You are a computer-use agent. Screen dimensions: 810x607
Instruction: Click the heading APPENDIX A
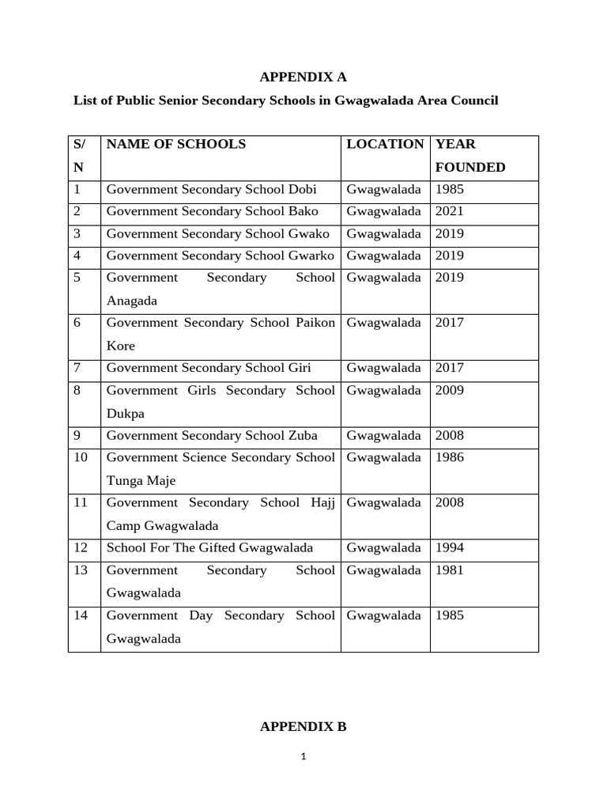(x=303, y=77)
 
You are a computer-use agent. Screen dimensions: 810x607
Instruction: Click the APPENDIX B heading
(x=303, y=727)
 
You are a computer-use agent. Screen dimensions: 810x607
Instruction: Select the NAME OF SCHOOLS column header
(x=176, y=144)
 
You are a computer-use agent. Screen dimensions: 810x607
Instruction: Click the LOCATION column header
(x=385, y=144)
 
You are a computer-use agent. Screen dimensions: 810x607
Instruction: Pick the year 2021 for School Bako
(x=449, y=211)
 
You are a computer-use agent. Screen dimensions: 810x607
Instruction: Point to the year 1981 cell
(x=449, y=570)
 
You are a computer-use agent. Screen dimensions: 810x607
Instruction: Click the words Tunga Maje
(x=141, y=481)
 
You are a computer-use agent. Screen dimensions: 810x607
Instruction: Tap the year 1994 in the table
(x=449, y=548)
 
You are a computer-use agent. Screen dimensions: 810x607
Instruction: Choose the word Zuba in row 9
(x=303, y=436)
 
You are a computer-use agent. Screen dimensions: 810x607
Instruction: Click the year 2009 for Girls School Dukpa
(x=449, y=391)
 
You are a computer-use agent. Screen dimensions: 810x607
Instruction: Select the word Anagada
(x=132, y=301)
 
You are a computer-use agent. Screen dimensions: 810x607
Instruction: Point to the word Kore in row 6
(x=120, y=346)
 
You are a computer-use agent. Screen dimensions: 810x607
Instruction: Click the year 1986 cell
(x=449, y=457)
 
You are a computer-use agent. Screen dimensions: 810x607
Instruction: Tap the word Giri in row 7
(x=300, y=368)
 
